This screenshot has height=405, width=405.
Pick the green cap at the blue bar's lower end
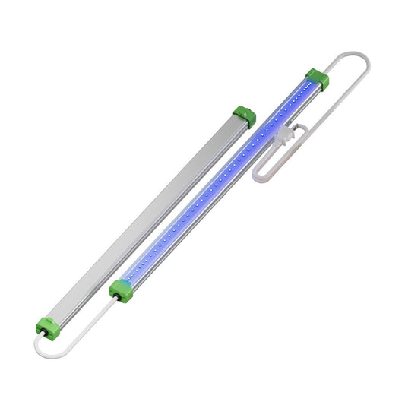tap(119, 290)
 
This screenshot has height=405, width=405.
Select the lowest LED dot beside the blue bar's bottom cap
tap(131, 278)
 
